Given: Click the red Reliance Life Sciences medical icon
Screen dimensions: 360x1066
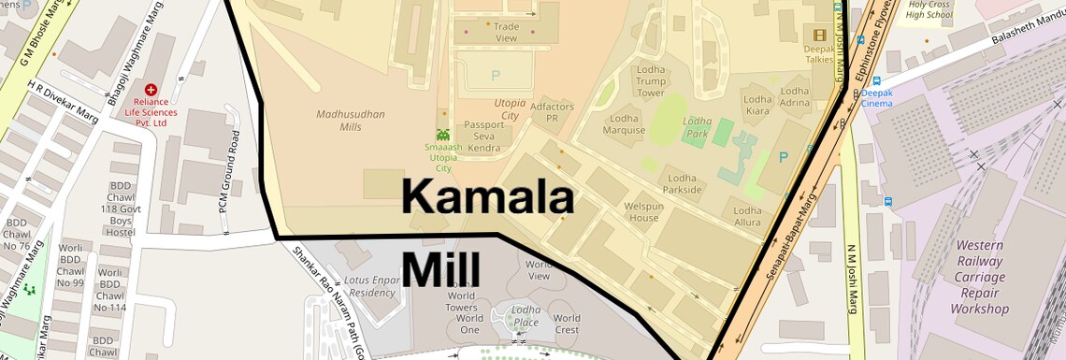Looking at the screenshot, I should click(151, 90).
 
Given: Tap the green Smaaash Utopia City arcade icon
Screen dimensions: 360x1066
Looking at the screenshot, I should click(443, 136).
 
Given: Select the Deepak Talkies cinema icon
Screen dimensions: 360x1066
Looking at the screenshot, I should click(820, 36).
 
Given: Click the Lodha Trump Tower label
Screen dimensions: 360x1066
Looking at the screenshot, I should click(650, 81).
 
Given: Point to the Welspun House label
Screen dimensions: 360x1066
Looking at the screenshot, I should click(642, 211).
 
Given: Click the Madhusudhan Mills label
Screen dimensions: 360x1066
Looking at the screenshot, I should click(351, 121).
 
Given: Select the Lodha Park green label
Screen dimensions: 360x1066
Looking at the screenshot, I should click(697, 128).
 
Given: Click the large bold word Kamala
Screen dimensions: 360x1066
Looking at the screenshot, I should click(487, 197).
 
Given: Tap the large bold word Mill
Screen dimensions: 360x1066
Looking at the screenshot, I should click(440, 269).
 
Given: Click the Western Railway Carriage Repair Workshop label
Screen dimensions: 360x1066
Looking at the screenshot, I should click(979, 277).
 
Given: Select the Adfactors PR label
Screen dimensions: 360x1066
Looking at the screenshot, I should click(552, 113).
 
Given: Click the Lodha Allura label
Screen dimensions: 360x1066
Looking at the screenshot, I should click(747, 217).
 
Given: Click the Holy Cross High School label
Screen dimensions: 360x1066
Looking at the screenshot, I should click(929, 10).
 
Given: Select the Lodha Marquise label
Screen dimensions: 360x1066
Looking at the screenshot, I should click(624, 124).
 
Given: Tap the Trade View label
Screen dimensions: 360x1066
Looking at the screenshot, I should click(506, 33).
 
